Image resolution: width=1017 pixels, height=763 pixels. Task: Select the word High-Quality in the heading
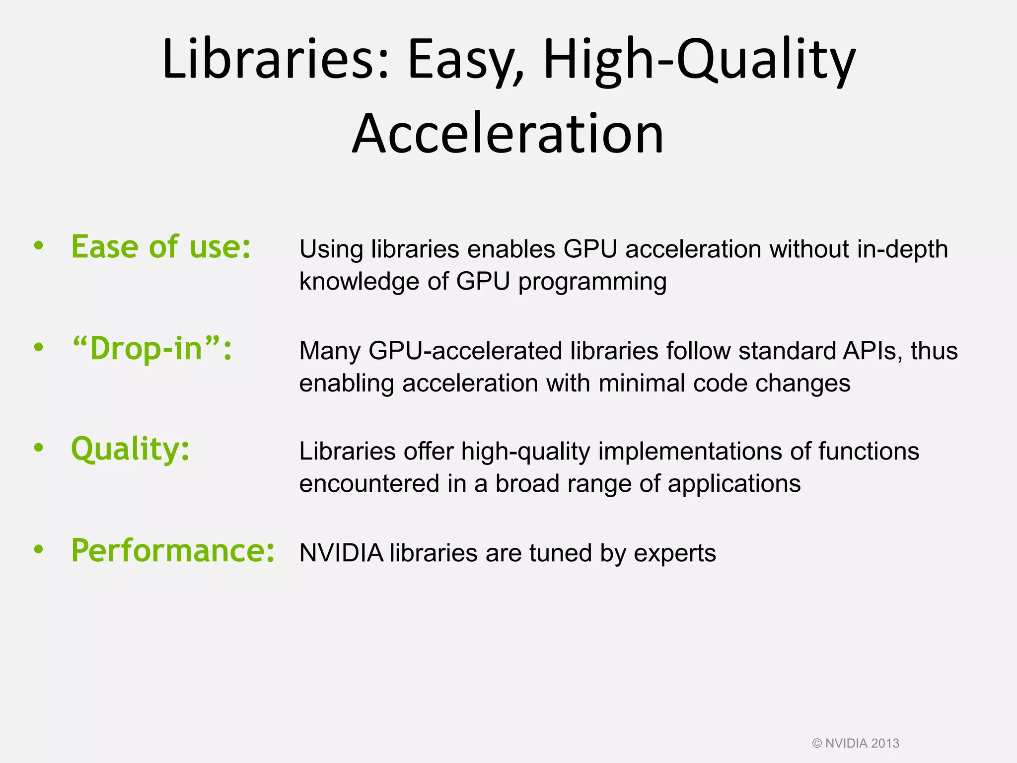coord(699,60)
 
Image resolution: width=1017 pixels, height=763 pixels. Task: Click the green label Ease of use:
coord(161,247)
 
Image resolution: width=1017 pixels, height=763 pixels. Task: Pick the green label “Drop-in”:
coord(152,349)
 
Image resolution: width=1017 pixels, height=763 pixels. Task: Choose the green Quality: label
coord(130,449)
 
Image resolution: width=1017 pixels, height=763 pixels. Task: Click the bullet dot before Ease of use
coord(39,246)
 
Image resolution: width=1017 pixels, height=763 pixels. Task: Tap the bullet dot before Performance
coord(39,549)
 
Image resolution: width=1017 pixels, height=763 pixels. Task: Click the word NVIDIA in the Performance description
coord(341,553)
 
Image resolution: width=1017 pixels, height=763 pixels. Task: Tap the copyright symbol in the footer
coord(817,744)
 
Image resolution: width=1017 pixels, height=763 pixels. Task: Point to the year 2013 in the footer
coord(885,744)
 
